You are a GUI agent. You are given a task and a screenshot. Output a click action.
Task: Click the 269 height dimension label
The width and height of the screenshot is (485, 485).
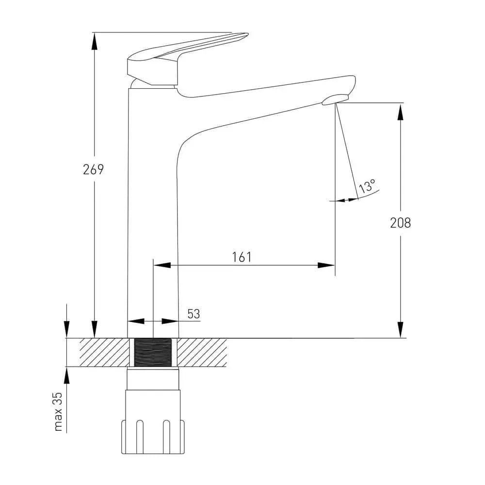pyautogui.click(x=93, y=169)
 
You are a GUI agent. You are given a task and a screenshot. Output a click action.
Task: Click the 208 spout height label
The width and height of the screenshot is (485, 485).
pyautogui.click(x=400, y=223)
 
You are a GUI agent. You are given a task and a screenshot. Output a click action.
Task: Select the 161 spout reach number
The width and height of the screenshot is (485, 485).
pyautogui.click(x=242, y=257)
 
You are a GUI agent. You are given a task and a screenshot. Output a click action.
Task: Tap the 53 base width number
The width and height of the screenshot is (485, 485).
pyautogui.click(x=194, y=314)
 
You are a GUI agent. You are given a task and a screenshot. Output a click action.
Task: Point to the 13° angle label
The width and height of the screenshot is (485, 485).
pyautogui.click(x=367, y=186)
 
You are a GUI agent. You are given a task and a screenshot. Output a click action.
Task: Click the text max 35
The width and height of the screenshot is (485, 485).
pyautogui.click(x=58, y=412)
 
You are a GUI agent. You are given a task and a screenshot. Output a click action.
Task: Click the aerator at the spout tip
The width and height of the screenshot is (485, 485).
pyautogui.click(x=335, y=100)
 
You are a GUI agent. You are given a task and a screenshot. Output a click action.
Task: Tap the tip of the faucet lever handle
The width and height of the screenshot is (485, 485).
pyautogui.click(x=248, y=34)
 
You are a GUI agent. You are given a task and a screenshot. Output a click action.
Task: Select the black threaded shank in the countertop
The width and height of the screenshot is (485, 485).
pyautogui.click(x=153, y=352)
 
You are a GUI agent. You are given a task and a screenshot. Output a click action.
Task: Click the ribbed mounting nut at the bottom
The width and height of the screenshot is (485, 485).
pyautogui.click(x=153, y=437)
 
